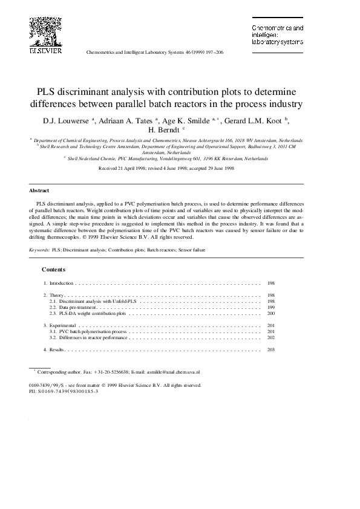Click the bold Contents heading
53,269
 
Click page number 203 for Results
270,350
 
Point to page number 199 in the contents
270,308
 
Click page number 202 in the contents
270,338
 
